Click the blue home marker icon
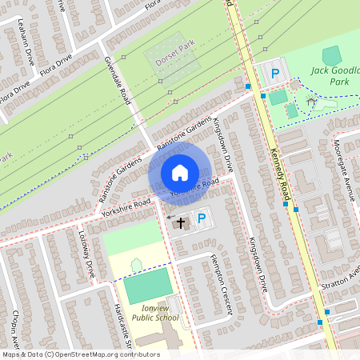point(180,173)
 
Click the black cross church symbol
point(181,222)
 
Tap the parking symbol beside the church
point(201,217)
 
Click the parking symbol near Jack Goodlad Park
point(274,74)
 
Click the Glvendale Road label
point(117,80)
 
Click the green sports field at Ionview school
point(147,286)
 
